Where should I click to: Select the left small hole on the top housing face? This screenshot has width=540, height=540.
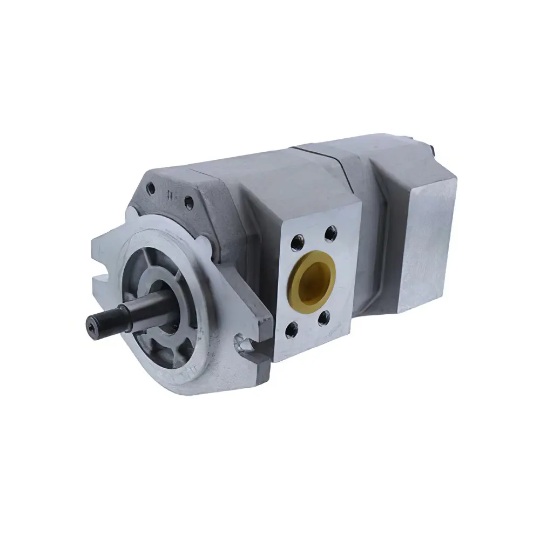coord(152,189)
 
